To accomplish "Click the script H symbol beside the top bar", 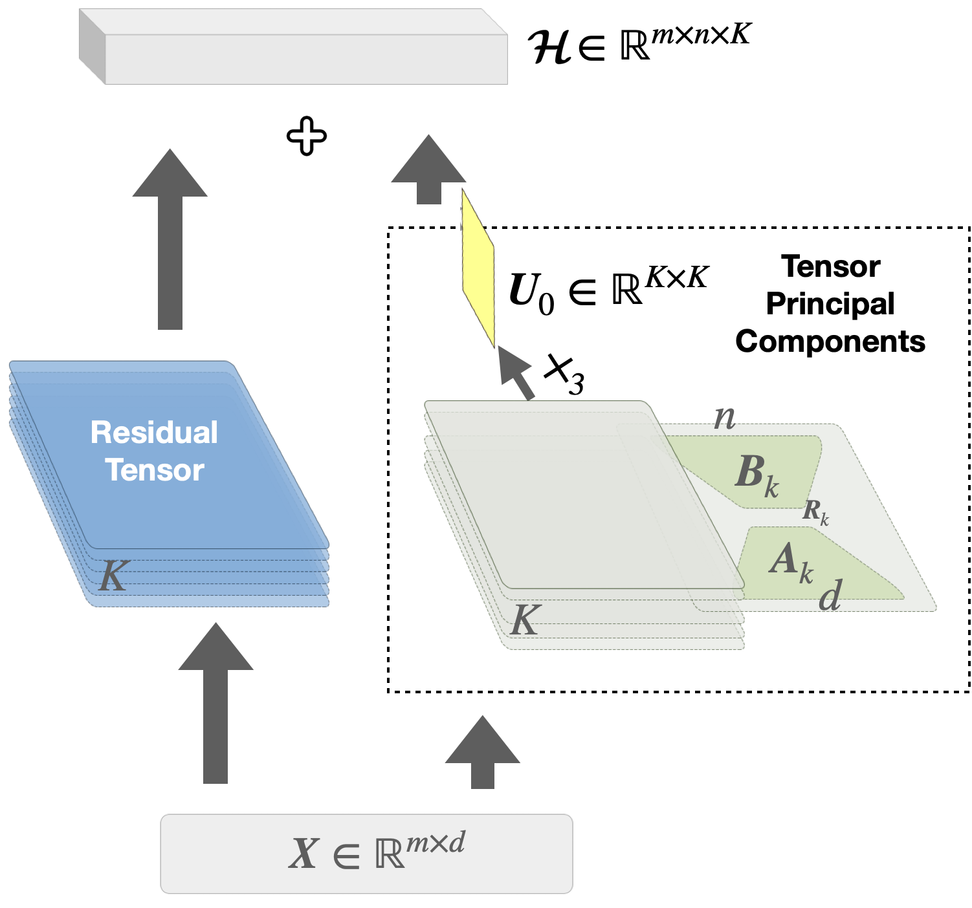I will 549,47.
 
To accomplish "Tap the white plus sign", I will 306,136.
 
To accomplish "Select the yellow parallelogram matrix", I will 478,270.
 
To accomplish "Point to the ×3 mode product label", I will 564,374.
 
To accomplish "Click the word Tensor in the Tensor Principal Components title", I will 831,266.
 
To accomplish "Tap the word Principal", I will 830,303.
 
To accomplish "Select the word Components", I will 830,341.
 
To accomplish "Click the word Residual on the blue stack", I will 154,432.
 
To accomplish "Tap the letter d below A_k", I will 830,596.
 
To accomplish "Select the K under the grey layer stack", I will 525,621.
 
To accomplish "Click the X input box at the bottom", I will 366,853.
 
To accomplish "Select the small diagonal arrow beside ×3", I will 518,374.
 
